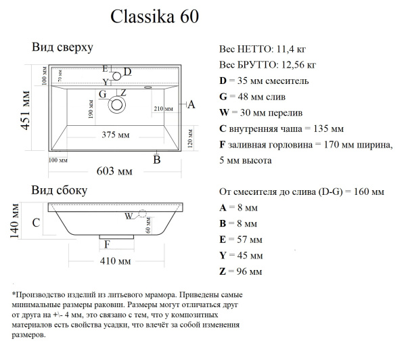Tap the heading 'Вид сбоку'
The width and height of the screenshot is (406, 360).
coord(60,191)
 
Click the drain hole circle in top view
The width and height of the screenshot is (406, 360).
coord(117,105)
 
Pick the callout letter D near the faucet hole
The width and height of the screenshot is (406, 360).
coord(127,72)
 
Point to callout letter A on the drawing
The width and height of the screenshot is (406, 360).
coord(191,104)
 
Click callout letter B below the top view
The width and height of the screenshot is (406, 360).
coord(156,160)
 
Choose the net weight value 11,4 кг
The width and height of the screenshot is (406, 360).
coord(294,50)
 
